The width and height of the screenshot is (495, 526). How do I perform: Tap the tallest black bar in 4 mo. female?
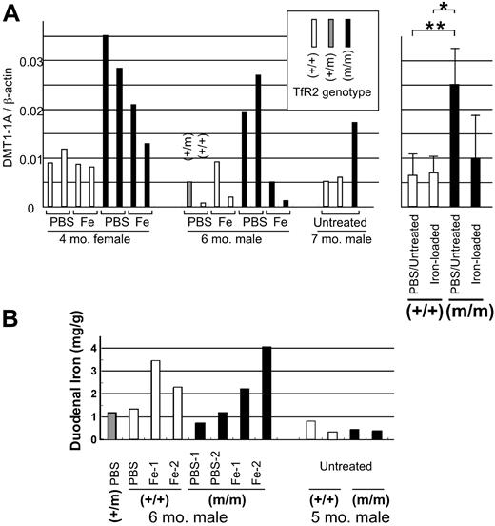pyautogui.click(x=105, y=120)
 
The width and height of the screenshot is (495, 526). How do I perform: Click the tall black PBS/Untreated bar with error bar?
pyautogui.click(x=454, y=145)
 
